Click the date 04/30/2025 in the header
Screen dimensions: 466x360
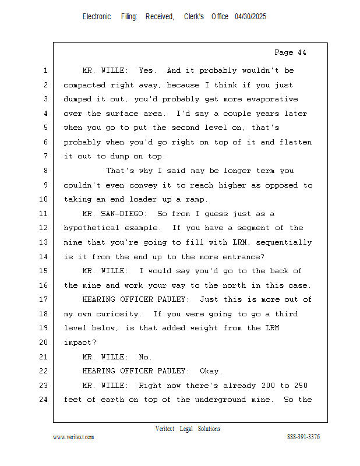pyautogui.click(x=250, y=17)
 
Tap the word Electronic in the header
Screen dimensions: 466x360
pyautogui.click(x=97, y=17)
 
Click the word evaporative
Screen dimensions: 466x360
pyautogui.click(x=272, y=100)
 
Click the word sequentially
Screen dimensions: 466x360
pyautogui.click(x=284, y=242)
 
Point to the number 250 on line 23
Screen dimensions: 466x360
pyautogui.click(x=301, y=386)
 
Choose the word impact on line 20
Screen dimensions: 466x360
pyautogui.click(x=80, y=343)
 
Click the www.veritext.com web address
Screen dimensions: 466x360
pyautogui.click(x=73, y=437)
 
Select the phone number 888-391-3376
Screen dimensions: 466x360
pyautogui.click(x=303, y=437)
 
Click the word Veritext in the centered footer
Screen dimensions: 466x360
pyautogui.click(x=165, y=429)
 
